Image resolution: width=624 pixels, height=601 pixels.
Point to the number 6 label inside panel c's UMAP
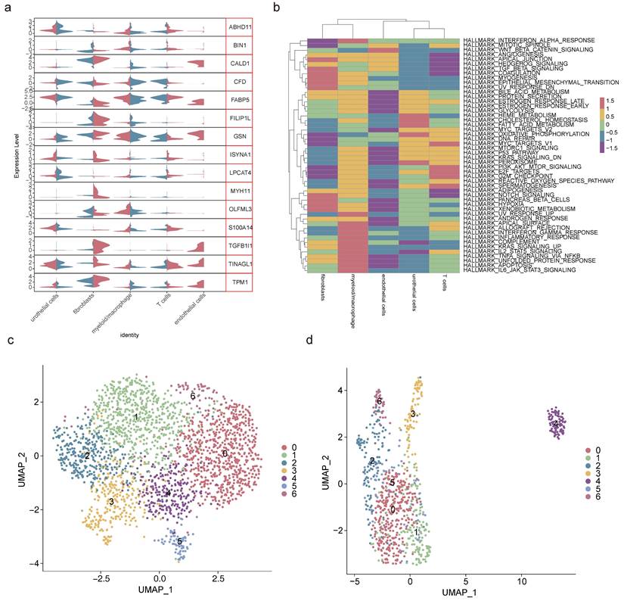pos(193,396)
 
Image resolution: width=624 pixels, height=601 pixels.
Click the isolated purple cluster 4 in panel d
pos(557,424)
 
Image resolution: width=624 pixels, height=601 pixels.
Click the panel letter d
pos(330,360)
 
